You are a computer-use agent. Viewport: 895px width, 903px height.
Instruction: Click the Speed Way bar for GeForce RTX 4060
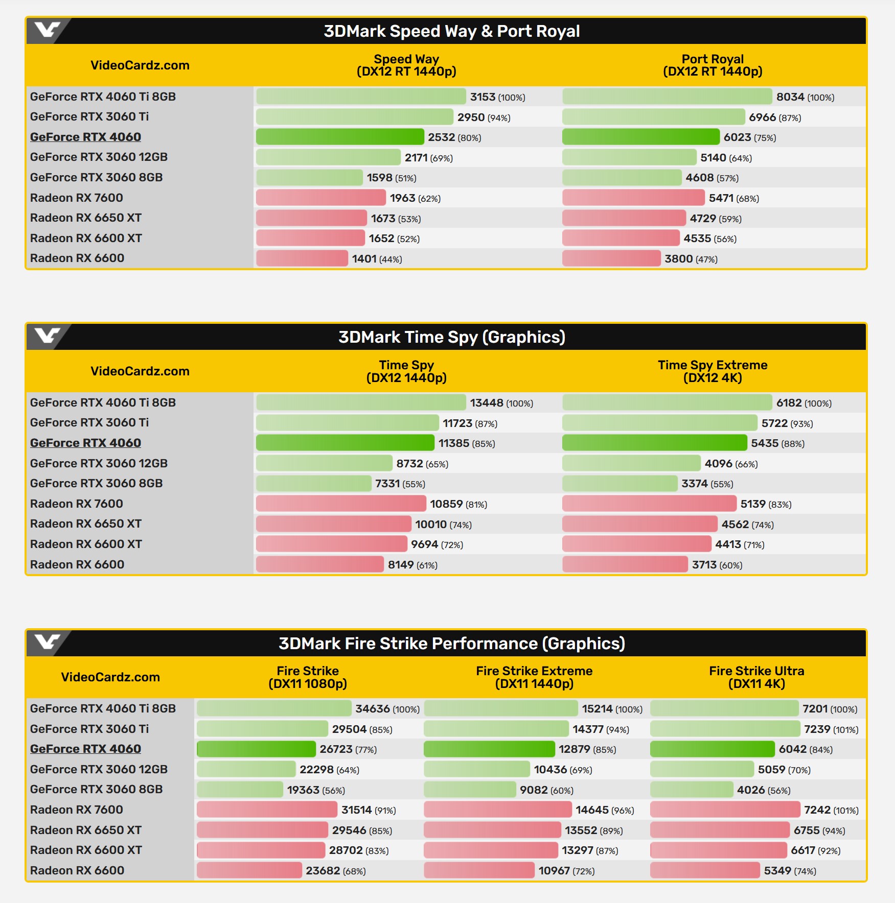click(340, 137)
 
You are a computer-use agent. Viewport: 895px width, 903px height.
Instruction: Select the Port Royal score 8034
click(790, 97)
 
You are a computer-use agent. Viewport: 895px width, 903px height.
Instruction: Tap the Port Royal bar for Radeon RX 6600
click(611, 258)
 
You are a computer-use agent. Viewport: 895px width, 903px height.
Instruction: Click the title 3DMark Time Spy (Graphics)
click(452, 337)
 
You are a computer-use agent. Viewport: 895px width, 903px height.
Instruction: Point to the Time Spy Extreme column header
click(713, 371)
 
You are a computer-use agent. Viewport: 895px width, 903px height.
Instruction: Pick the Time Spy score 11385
click(454, 443)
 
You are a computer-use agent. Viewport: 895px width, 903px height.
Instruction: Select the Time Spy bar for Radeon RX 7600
click(341, 504)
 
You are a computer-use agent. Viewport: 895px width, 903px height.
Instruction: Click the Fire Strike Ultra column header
click(756, 677)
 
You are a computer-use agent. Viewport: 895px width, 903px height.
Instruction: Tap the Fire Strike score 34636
click(373, 709)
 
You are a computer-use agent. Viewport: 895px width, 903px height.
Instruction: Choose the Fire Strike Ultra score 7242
click(817, 810)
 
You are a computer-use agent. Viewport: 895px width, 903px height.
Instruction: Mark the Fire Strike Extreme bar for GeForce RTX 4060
click(489, 749)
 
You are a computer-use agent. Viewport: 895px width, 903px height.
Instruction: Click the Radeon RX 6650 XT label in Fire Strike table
click(86, 830)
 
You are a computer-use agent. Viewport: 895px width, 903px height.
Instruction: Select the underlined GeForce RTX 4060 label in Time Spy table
click(85, 443)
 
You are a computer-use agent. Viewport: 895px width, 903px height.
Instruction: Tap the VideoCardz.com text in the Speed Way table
click(140, 65)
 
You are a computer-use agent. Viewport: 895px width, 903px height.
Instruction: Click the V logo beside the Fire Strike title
click(47, 643)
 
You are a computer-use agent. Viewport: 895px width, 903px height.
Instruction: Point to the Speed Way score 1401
click(364, 259)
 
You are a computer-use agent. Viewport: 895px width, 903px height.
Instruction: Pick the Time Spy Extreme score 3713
click(704, 565)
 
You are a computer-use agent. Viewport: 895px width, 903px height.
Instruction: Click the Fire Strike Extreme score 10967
click(554, 871)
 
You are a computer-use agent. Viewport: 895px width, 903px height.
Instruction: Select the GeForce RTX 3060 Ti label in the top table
click(89, 116)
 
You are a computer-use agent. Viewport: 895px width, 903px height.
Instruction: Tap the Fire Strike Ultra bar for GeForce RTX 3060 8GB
click(692, 790)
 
